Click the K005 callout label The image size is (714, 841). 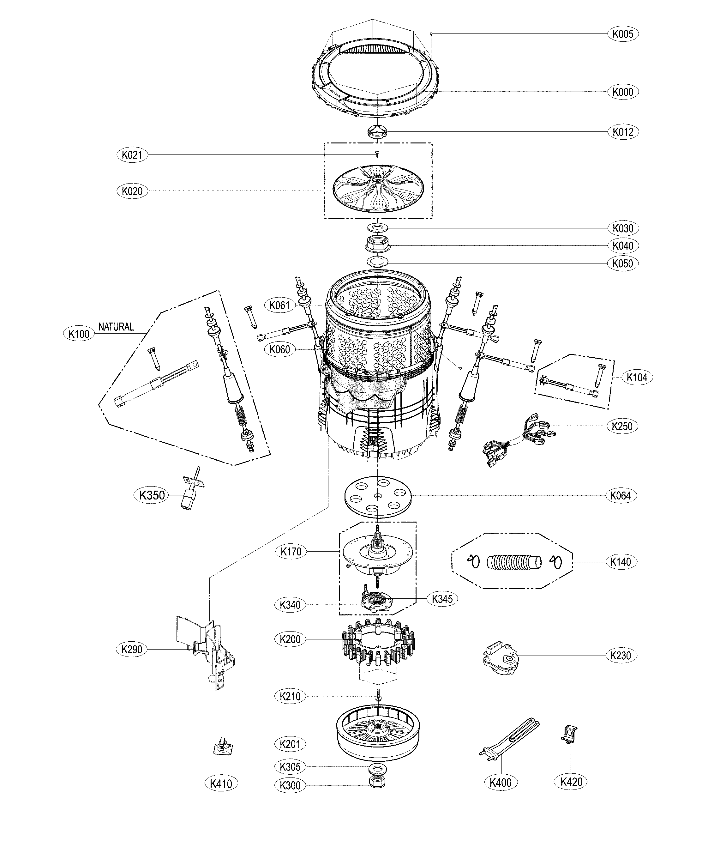[x=622, y=34]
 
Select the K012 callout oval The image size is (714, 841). [x=622, y=132]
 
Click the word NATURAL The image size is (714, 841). [x=116, y=327]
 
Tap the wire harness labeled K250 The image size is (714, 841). [x=518, y=441]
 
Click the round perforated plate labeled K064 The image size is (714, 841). [x=377, y=496]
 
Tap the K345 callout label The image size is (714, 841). [x=442, y=599]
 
